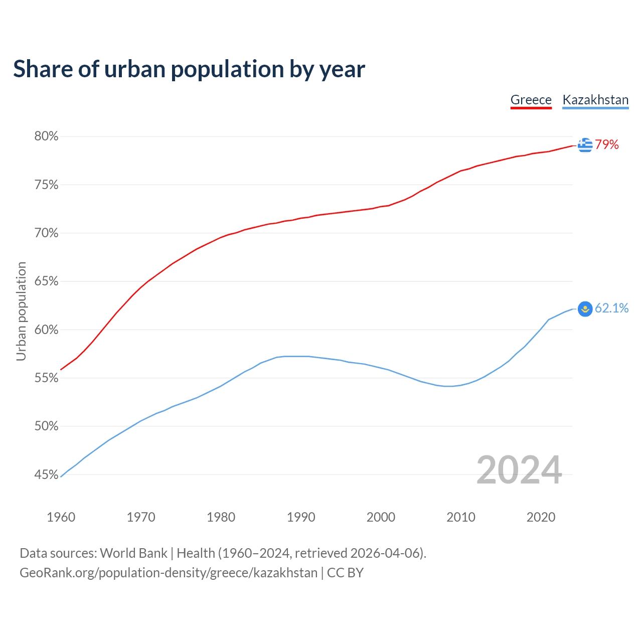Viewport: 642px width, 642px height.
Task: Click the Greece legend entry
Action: point(531,100)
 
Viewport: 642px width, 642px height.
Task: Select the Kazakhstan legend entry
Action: point(595,100)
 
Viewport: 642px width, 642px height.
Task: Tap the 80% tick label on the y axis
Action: point(46,136)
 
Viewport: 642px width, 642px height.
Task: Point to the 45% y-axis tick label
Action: point(46,474)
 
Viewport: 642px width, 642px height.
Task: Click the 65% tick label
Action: point(46,281)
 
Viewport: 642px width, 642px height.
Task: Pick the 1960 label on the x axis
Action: point(61,517)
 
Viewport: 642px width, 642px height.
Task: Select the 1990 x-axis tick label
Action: point(301,517)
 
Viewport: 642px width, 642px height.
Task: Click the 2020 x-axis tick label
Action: point(541,517)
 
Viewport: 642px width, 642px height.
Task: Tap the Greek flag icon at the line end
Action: point(585,145)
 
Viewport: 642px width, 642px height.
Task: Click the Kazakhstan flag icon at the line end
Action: point(585,308)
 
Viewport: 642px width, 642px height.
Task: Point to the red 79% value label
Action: point(607,145)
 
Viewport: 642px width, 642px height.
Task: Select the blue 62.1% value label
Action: point(611,308)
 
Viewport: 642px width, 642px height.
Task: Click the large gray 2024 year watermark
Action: point(519,470)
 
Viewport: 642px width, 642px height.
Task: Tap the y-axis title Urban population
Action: point(21,311)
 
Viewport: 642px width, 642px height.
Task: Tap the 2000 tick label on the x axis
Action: point(381,517)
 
